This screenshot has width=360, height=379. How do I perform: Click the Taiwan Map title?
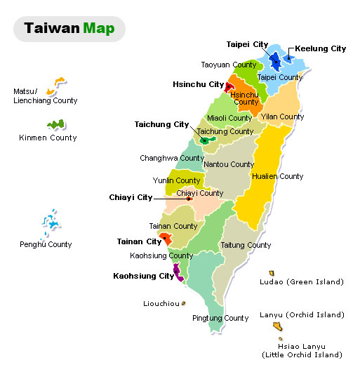click(69, 29)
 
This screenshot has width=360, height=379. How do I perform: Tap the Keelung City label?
click(321, 48)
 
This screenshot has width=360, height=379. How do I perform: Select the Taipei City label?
click(247, 44)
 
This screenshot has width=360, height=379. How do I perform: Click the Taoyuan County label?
click(229, 65)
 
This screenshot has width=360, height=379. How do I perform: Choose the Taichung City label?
click(161, 124)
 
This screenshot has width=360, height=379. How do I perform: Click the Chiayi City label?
click(131, 197)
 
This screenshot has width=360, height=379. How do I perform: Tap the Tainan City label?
click(139, 241)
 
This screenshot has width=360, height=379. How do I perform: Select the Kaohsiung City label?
click(143, 276)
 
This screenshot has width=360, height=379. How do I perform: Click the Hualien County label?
click(281, 176)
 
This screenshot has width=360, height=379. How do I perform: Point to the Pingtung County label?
click(220, 318)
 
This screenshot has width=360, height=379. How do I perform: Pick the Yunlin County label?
click(177, 180)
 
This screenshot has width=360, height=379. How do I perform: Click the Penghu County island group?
click(49, 222)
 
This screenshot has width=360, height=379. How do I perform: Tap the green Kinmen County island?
click(55, 125)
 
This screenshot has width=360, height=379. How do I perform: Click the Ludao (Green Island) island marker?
click(271, 273)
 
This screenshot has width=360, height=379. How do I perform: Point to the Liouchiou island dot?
click(183, 304)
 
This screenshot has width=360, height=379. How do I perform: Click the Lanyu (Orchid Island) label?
click(302, 315)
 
